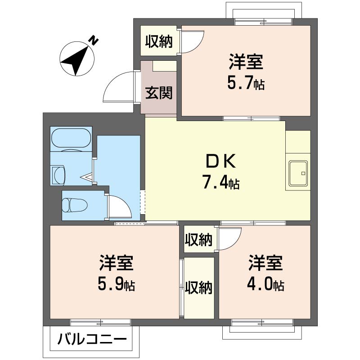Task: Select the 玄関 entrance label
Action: (x=159, y=93)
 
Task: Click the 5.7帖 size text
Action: (x=246, y=83)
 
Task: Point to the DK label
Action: (x=221, y=162)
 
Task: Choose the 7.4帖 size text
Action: (x=221, y=182)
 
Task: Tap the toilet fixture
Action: (x=75, y=205)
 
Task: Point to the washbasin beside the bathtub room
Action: (x=58, y=175)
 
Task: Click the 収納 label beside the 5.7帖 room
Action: (x=159, y=42)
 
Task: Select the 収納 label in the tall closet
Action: (x=198, y=288)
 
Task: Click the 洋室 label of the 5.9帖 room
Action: (x=117, y=263)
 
